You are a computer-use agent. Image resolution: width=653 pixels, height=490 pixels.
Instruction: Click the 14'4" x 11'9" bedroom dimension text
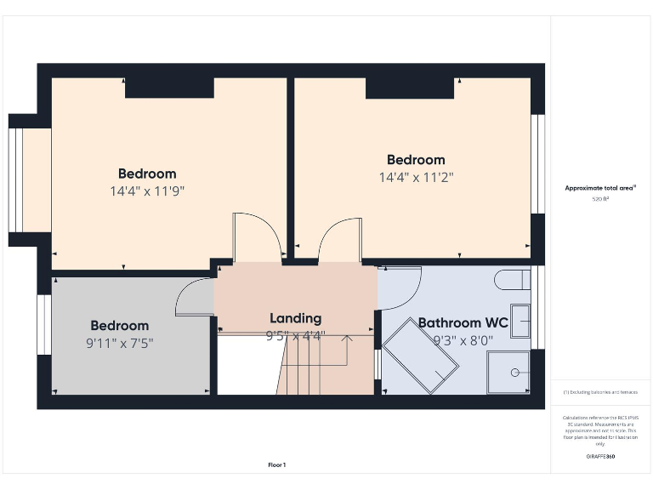tap(147, 191)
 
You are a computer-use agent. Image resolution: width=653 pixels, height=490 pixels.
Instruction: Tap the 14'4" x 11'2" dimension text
tap(416, 177)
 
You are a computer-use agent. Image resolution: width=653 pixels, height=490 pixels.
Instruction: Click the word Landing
tap(295, 318)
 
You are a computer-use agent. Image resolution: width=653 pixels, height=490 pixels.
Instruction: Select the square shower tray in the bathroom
tap(508, 372)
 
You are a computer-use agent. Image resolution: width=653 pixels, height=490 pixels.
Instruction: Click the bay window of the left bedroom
tap(19, 179)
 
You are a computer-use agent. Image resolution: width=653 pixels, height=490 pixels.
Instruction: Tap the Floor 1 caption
tap(277, 465)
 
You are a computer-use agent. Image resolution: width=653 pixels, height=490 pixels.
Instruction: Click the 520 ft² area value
tap(599, 199)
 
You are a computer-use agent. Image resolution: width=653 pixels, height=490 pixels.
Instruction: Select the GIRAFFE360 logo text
tap(599, 457)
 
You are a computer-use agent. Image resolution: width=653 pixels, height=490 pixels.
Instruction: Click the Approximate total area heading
tap(600, 188)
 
